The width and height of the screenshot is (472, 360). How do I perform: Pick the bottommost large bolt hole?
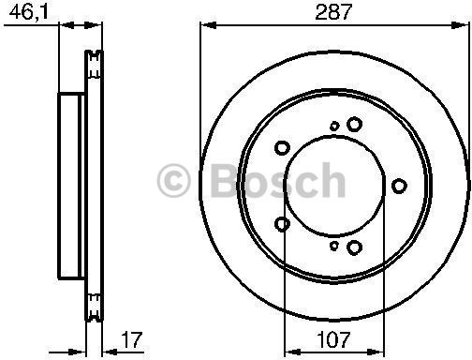[x=354, y=247]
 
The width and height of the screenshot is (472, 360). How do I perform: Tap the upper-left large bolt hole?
[x=282, y=146]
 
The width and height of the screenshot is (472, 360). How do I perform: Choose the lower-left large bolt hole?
[x=282, y=223]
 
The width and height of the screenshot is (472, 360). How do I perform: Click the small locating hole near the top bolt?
[x=334, y=125]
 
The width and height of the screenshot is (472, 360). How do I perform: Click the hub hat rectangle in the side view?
[x=70, y=185]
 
